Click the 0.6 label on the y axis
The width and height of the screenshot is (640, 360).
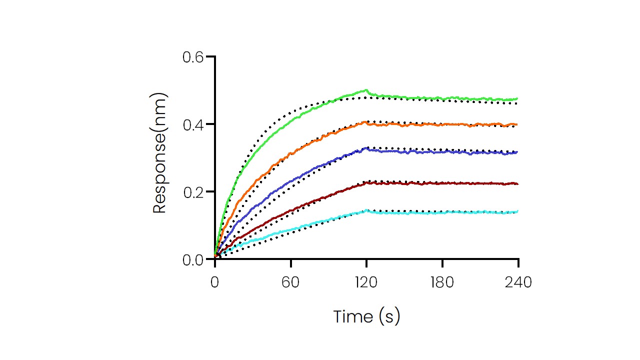pos(193,57)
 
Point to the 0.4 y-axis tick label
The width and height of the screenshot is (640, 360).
pos(193,124)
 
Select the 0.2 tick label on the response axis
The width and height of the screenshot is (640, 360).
pos(193,192)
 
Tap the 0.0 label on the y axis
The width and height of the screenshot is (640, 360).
pos(193,259)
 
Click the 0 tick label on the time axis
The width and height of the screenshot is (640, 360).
pos(215,282)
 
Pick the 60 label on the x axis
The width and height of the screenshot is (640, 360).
pos(290,282)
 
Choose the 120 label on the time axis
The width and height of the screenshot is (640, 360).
pos(366,282)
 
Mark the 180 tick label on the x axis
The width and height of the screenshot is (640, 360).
pos(442,282)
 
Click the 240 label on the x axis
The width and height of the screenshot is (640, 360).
pos(518,282)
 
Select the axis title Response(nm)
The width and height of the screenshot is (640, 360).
pos(159,153)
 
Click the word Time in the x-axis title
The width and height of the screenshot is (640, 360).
pos(353,316)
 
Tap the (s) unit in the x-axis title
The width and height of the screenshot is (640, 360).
pos(389,316)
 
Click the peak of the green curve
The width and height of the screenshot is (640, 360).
pos(366,90)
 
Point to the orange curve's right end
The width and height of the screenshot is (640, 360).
pos(517,124)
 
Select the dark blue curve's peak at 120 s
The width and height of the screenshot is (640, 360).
pos(367,148)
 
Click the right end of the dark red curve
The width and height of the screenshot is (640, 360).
pos(517,184)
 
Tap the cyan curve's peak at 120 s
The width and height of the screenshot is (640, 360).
pos(367,210)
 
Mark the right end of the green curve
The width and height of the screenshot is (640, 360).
pos(517,99)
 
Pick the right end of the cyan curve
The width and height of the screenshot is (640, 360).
pos(517,211)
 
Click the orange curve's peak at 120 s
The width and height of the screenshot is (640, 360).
pos(367,121)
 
